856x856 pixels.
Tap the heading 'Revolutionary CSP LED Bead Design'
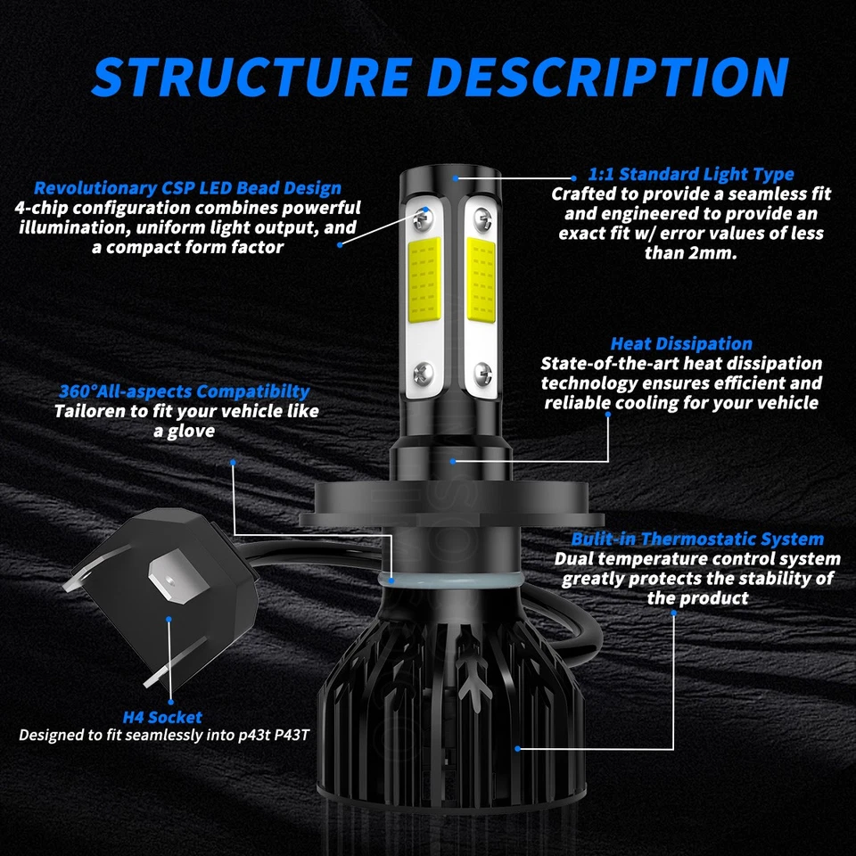pos(187,188)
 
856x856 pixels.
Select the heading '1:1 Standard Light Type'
pos(691,174)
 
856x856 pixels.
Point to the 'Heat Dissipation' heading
pos(681,343)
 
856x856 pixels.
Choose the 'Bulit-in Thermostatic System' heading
pos(697,539)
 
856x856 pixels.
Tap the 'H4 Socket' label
pos(162,717)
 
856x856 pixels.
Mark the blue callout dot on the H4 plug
pos(168,616)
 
